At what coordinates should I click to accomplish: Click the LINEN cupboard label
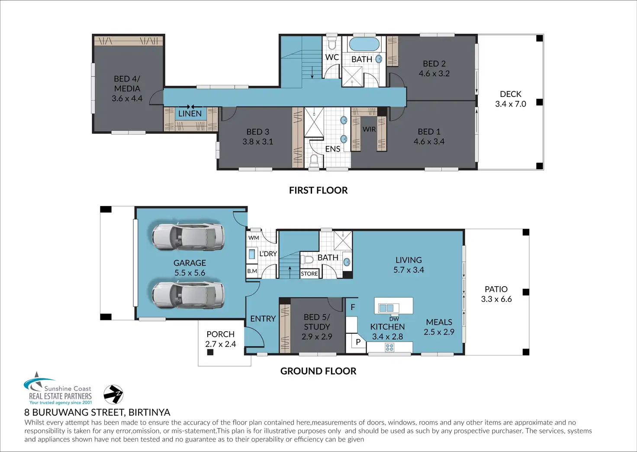point(190,113)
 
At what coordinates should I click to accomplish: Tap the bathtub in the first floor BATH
point(364,44)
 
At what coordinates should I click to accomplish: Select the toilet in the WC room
point(332,43)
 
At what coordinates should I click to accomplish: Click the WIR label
point(369,129)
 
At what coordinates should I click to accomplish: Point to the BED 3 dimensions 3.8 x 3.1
point(257,142)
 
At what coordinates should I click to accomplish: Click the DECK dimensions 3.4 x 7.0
point(511,104)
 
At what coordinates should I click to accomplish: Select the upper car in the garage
point(188,237)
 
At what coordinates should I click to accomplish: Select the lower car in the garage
point(188,295)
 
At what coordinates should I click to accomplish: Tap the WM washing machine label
point(254,238)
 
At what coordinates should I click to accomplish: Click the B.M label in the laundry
point(252,271)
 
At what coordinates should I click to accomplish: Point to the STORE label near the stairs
point(309,274)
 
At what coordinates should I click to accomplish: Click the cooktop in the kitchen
point(389,347)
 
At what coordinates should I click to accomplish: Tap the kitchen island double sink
point(386,308)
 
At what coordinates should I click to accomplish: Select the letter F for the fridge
point(353,307)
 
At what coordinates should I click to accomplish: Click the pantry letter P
point(358,342)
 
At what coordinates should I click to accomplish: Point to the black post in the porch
point(210,352)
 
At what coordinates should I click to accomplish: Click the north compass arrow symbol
point(113,394)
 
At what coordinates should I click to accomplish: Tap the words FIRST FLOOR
point(318,190)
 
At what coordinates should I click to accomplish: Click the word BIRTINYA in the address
point(149,412)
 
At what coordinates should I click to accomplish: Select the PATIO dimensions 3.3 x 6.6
point(496,299)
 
